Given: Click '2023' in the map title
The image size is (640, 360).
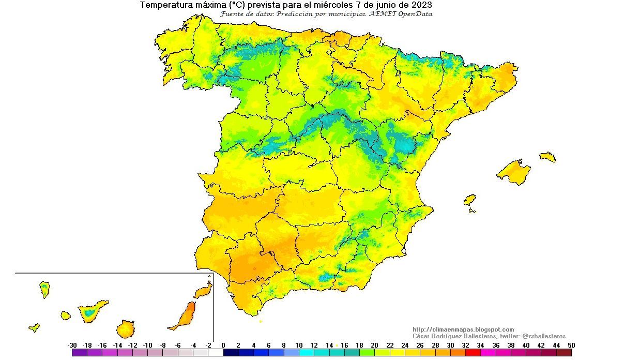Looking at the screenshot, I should tap(421, 5).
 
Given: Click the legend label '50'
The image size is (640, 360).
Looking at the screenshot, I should tap(571, 346).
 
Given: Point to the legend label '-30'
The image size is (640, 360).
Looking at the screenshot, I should tap(72, 346).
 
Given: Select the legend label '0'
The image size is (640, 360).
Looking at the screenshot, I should tap(223, 346).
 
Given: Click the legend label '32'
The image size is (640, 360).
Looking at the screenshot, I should tap(465, 346).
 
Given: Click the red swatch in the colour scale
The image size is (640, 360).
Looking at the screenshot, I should tap(473, 353).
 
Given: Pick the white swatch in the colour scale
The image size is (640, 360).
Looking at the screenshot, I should tap(216, 353).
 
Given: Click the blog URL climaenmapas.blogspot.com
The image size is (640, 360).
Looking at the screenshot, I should tap(463, 329).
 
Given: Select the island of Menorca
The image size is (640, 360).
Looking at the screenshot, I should tap(547, 157).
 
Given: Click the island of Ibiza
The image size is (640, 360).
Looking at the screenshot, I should tap(469, 200).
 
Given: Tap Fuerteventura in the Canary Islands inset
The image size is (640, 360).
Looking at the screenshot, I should tap(185, 316).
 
